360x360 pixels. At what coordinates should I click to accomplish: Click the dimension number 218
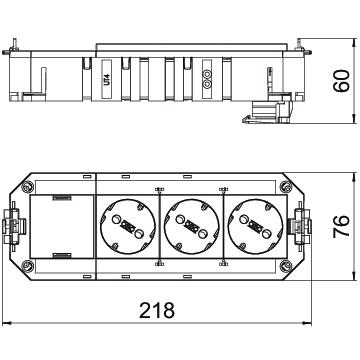pos(157,310)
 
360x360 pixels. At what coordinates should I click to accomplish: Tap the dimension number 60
pos(341,81)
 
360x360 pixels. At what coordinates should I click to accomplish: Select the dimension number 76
pos(341,226)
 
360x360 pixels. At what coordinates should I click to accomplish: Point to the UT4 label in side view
pos(107,80)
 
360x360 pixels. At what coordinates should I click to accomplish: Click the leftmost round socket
pos(128,226)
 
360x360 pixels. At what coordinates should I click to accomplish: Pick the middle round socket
pos(192,226)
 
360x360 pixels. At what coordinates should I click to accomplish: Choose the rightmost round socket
pos(255,226)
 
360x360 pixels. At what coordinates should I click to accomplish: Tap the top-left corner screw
pos(27,186)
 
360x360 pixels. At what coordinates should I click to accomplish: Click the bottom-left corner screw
pos(27,266)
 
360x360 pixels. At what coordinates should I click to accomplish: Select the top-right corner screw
pos(286,186)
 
